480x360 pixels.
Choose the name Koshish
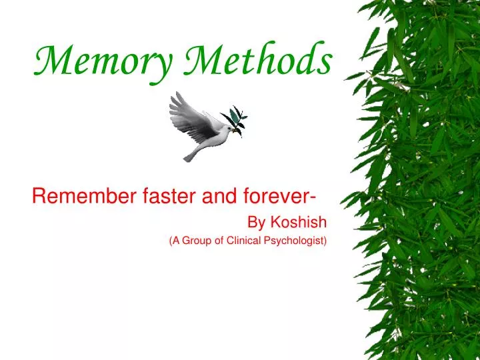298,222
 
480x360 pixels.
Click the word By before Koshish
257,222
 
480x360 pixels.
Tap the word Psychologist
297,241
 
